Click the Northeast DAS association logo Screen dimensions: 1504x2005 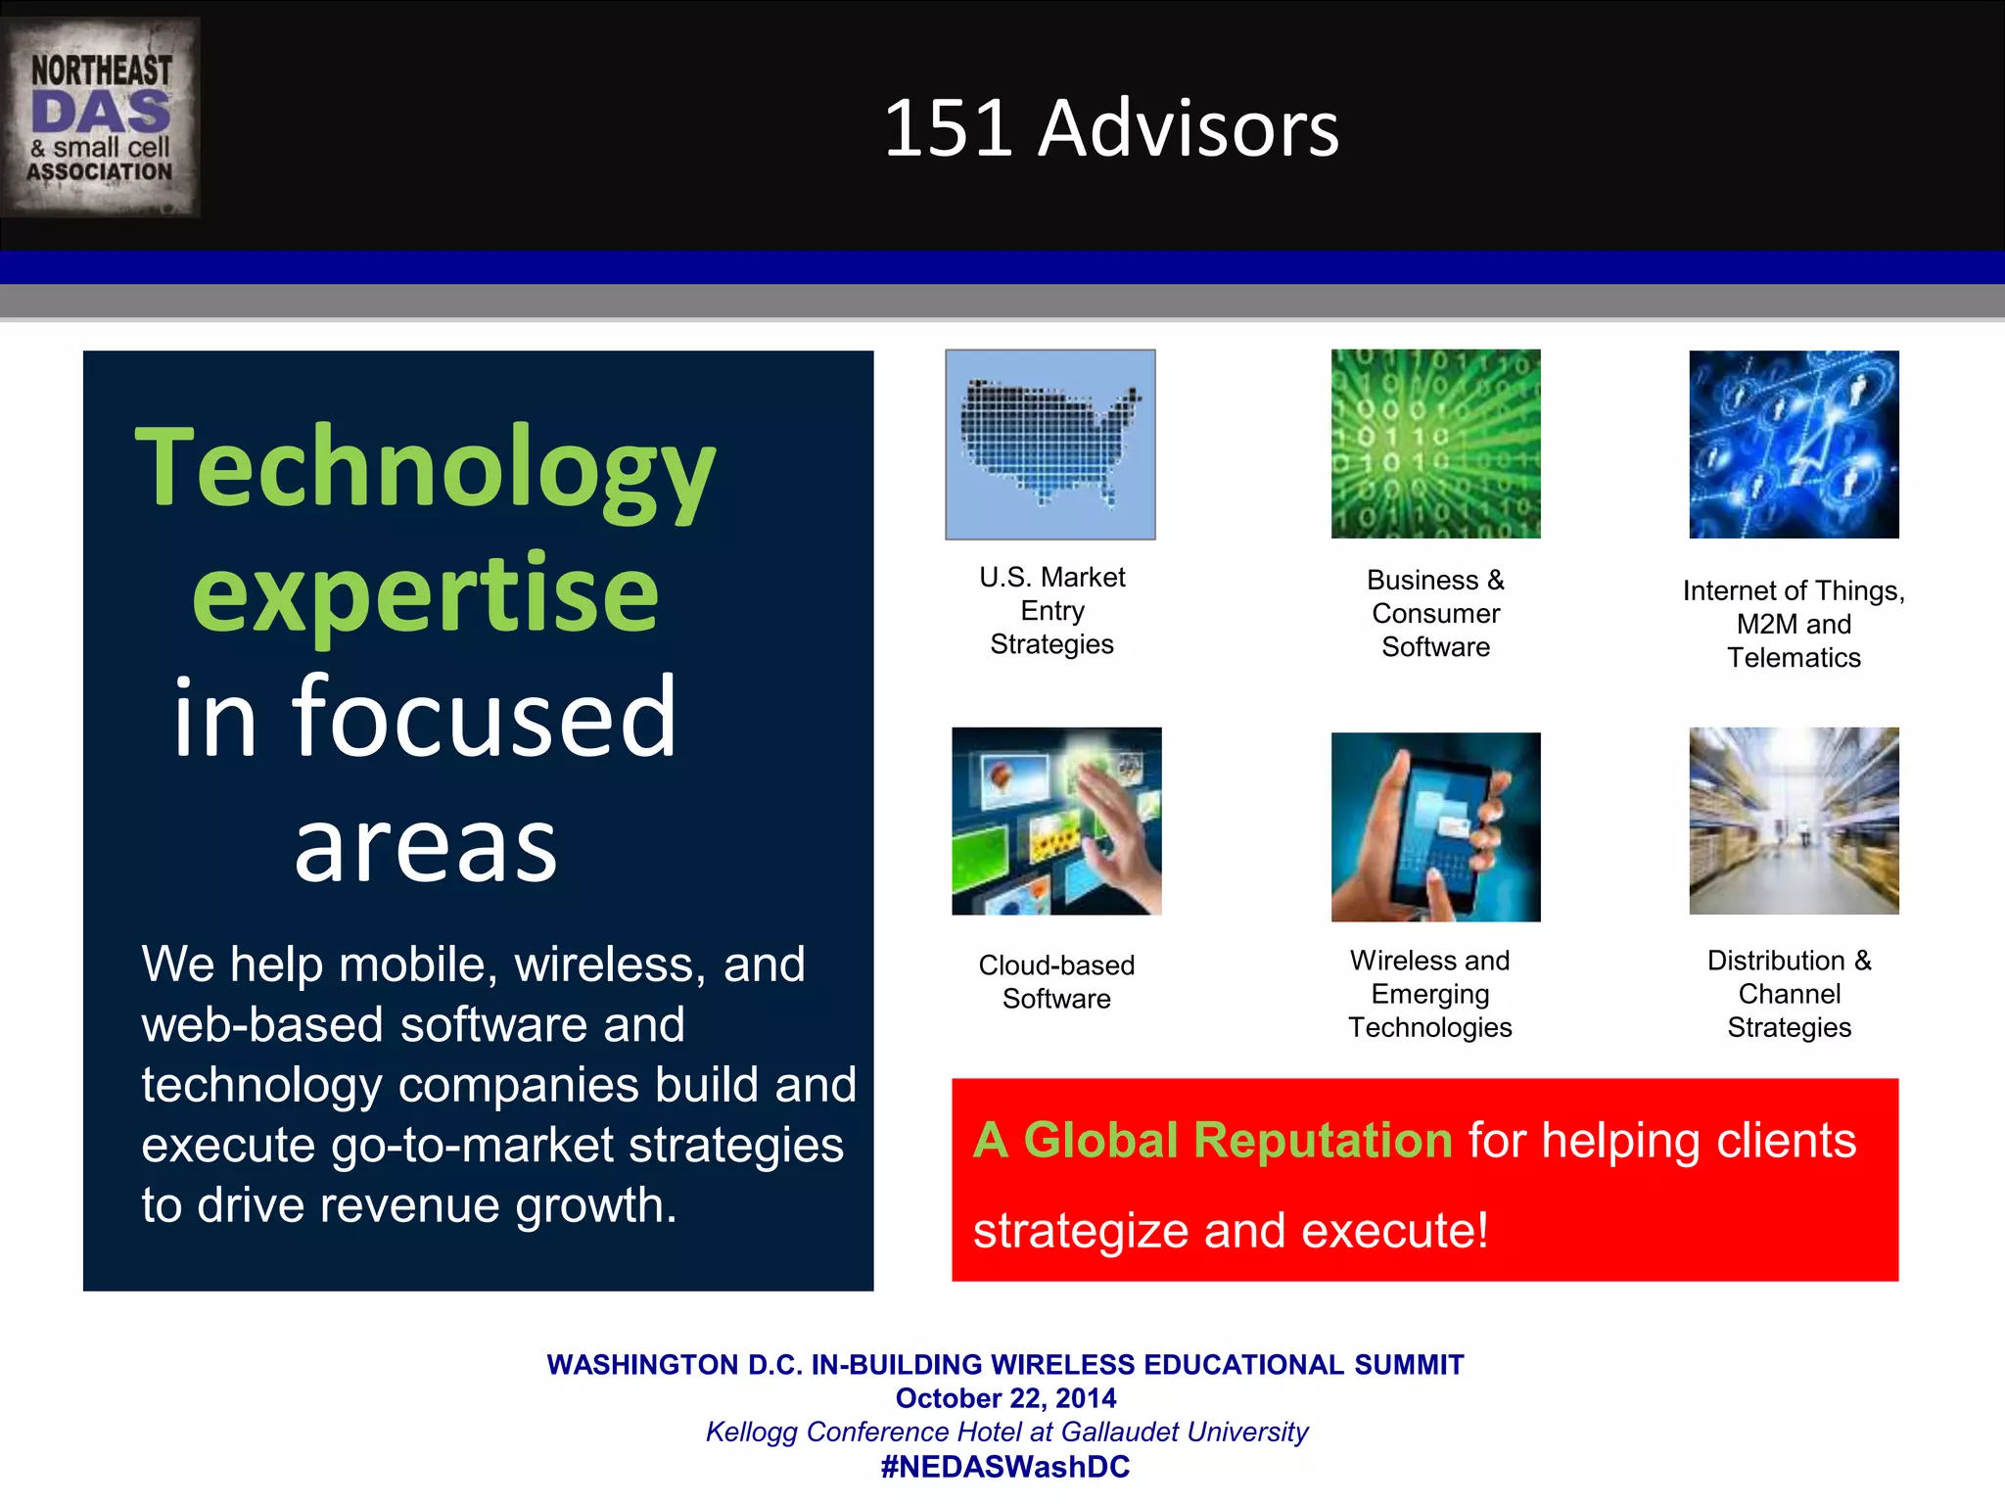tap(100, 117)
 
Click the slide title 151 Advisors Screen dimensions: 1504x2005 tap(1111, 128)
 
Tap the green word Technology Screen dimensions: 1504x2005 tap(425, 468)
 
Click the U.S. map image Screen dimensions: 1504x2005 tap(1049, 445)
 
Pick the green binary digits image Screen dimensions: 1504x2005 tap(1435, 445)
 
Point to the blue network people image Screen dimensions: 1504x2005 tap(1794, 445)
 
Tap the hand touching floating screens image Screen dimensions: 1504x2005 tap(1056, 822)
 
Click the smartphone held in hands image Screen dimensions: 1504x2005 tap(1435, 827)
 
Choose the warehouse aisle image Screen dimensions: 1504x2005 tap(1794, 822)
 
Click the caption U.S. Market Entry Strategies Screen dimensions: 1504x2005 tap(1051, 610)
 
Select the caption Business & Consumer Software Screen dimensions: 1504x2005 tap(1435, 613)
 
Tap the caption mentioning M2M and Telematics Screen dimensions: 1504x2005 tap(1794, 624)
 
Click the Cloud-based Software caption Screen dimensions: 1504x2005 tap(1056, 981)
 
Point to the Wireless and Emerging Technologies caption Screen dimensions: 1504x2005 tap(1429, 994)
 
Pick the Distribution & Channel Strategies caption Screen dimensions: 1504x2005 tap(1789, 994)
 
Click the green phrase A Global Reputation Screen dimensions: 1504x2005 tap(1212, 1141)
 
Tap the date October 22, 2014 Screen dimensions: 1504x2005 tap(1005, 1398)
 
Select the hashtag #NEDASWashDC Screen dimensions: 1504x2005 tap(1005, 1467)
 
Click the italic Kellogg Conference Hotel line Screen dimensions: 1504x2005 tap(1005, 1432)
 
